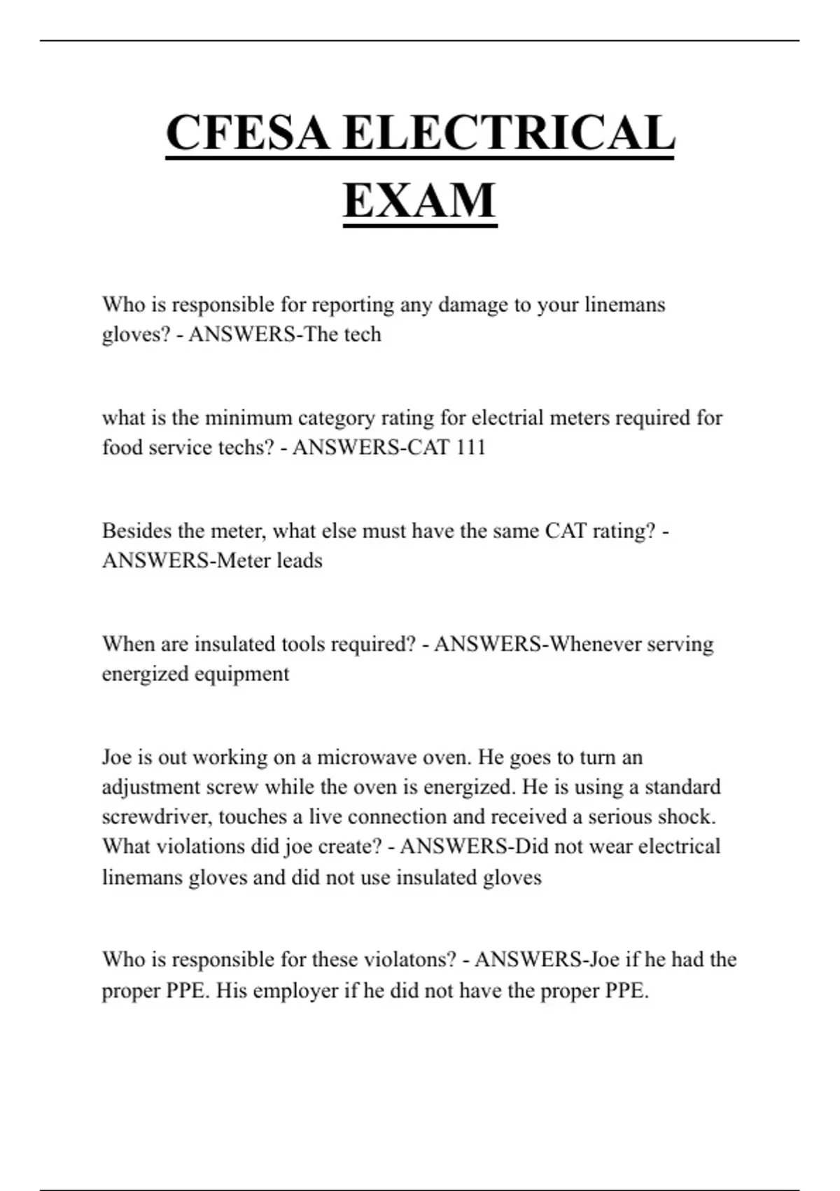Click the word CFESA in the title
point(248,132)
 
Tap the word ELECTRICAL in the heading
point(509,132)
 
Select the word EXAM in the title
point(420,200)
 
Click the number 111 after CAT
point(470,447)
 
